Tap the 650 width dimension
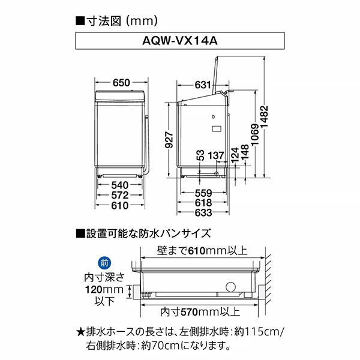click(x=121, y=83)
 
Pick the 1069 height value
click(x=254, y=136)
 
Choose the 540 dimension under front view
click(x=120, y=184)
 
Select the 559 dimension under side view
click(x=202, y=193)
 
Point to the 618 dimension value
click(x=202, y=203)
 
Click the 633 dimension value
click(x=202, y=214)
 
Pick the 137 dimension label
click(x=217, y=155)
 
